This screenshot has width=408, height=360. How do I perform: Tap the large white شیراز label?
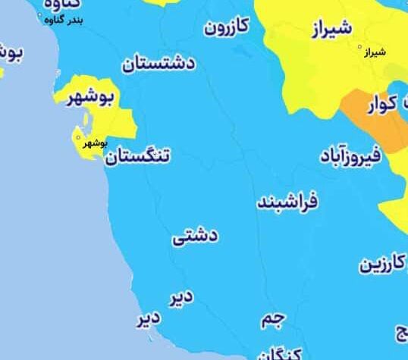point(331,30)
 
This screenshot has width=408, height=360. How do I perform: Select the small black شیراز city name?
point(374,52)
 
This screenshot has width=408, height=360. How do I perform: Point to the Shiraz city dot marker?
point(361,47)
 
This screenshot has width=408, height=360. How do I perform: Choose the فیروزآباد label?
point(356,158)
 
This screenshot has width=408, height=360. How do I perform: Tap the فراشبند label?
point(287,203)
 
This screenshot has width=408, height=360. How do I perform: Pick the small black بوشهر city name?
point(94,142)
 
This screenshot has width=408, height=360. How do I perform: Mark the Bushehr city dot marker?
point(78,137)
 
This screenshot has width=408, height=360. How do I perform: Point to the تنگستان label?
point(138,158)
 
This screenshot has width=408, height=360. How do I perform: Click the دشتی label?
point(195,237)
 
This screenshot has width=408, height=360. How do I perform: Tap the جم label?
point(272,320)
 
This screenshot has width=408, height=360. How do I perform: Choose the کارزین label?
point(383,265)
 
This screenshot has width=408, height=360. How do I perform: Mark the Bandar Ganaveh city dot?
point(41,14)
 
